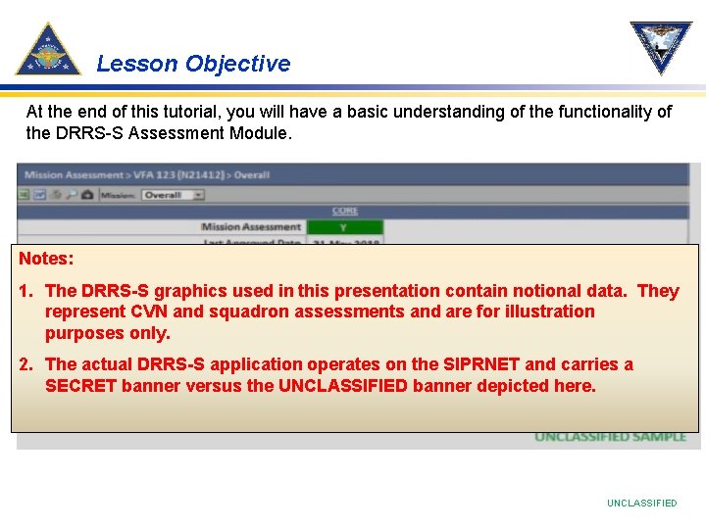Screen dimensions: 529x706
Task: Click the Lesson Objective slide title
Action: click(x=193, y=64)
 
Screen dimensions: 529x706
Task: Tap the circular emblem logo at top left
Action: click(x=48, y=50)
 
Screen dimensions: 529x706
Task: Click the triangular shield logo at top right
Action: click(x=660, y=47)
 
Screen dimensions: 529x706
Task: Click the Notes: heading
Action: click(x=46, y=260)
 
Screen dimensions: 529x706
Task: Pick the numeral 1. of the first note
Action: click(x=27, y=291)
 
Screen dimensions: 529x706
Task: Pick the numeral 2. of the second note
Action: click(x=27, y=364)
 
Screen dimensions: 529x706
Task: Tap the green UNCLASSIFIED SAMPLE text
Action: click(x=610, y=437)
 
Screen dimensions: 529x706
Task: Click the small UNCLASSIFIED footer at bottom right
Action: click(x=641, y=503)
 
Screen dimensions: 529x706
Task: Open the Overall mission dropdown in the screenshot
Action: click(x=172, y=195)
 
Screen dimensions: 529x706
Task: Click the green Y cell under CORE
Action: click(x=344, y=227)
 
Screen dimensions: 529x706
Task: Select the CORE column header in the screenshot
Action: click(x=344, y=211)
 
